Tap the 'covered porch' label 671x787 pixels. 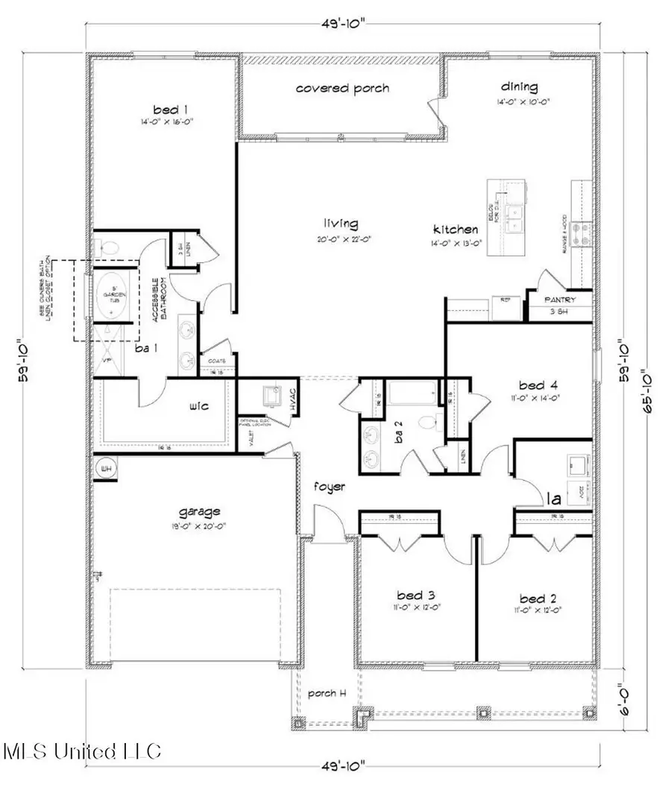point(343,88)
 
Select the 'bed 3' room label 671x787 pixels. point(412,596)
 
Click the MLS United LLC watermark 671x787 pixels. point(82,751)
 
